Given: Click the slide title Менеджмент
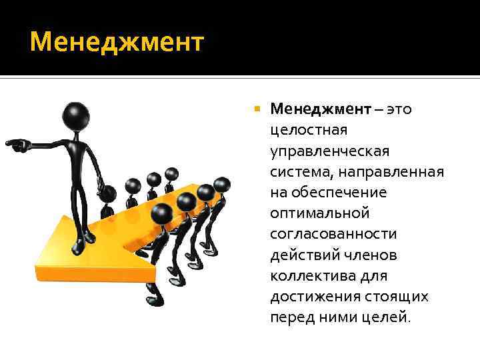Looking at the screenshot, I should point(117,42).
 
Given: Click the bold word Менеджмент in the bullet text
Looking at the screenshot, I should point(320,109).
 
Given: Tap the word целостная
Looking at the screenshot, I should point(309,130).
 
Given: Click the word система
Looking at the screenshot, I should point(300,171).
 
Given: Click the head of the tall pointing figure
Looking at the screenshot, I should point(76,113).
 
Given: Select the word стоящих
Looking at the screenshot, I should point(400,297).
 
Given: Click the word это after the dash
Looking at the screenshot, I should point(398,109).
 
